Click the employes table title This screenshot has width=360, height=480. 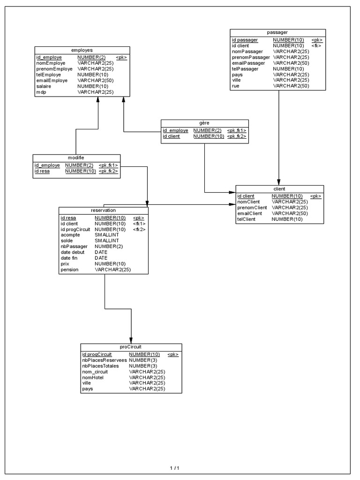(x=82, y=50)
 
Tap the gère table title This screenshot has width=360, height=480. (x=204, y=122)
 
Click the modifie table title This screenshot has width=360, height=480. (x=76, y=157)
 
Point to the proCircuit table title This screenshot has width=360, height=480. (x=131, y=346)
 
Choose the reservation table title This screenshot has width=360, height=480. (x=103, y=210)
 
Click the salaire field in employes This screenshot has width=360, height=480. (x=44, y=86)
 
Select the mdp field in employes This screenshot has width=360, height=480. (x=41, y=92)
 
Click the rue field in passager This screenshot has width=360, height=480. (x=236, y=86)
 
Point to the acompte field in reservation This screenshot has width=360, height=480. (x=70, y=235)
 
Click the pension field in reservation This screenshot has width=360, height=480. (x=69, y=270)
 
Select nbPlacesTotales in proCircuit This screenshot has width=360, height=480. (x=100, y=366)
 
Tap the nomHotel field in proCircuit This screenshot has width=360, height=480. (x=93, y=377)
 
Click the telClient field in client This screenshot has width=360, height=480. (x=246, y=219)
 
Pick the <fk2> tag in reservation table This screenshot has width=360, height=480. (x=139, y=229)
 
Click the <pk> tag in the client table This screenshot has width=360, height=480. (x=315, y=196)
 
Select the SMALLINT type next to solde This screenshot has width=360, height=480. (x=107, y=240)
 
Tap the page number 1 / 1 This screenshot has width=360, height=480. (x=174, y=468)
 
